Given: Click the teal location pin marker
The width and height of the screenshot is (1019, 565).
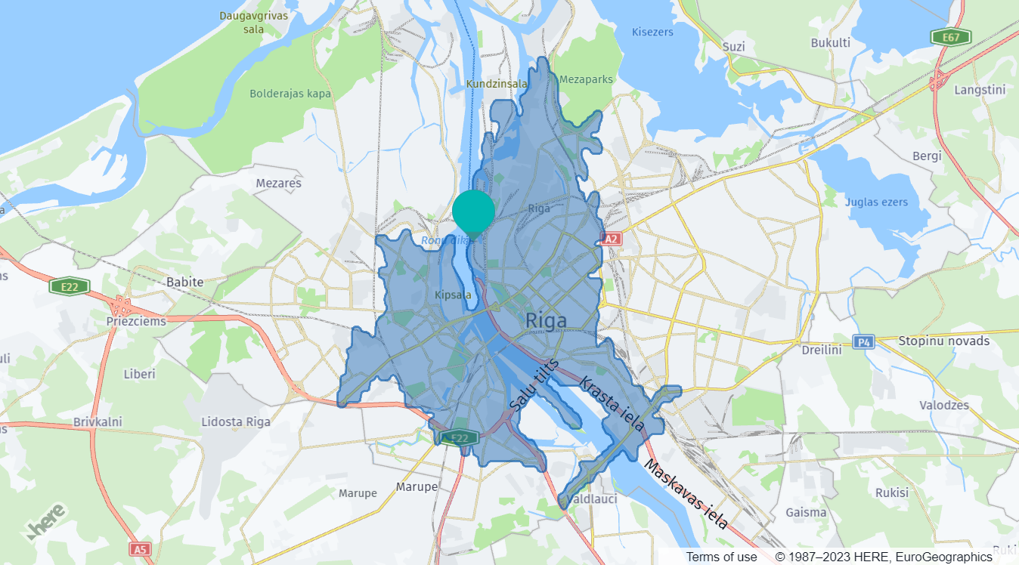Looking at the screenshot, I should [x=474, y=212].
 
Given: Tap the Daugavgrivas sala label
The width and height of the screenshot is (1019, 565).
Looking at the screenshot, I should [x=243, y=22].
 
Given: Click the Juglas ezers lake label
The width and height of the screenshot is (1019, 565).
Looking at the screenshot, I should [x=876, y=202].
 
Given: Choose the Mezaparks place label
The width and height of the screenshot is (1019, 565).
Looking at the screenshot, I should [x=587, y=79].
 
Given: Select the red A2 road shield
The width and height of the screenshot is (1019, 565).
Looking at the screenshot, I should [x=611, y=239].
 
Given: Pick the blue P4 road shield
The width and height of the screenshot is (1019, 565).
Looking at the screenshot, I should [x=863, y=341].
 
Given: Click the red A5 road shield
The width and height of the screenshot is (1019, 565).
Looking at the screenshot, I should [x=139, y=549].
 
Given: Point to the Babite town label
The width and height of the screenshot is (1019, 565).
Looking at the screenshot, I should [x=184, y=282].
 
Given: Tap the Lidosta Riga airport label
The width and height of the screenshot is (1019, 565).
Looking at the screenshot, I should [x=236, y=421].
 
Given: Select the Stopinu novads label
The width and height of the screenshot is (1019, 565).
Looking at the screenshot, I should [x=943, y=341].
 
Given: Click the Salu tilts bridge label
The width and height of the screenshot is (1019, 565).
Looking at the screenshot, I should [x=534, y=385].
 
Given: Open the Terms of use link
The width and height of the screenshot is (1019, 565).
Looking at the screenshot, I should [x=721, y=557].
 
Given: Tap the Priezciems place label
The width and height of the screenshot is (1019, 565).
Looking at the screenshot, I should [x=137, y=321].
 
